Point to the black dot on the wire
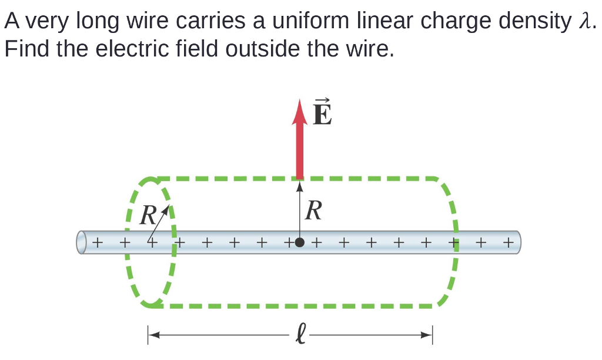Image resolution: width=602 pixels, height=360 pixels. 300,242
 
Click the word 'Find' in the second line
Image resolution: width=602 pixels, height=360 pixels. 26,49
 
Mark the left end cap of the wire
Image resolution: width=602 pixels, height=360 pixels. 82,242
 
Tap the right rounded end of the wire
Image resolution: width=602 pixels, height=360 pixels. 517,242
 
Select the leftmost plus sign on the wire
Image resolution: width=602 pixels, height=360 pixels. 98,242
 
